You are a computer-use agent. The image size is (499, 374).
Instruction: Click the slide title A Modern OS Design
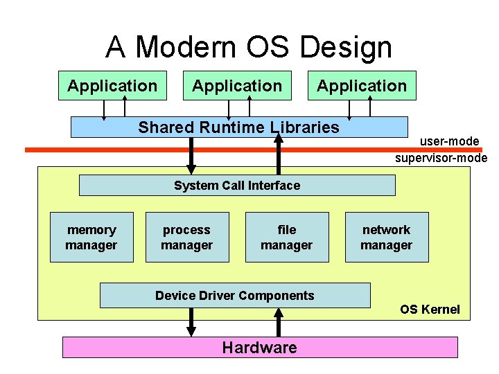coord(249,48)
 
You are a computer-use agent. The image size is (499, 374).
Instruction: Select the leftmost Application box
coord(112,86)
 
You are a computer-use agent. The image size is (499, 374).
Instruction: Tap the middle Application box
coord(236,86)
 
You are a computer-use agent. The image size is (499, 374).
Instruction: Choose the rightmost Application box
coord(361,86)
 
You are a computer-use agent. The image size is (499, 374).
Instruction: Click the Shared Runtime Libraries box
coord(239,127)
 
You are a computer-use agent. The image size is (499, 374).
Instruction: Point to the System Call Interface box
coord(237,186)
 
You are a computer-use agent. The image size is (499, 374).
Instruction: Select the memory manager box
coord(91,238)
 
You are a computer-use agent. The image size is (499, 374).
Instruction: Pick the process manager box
coord(187,238)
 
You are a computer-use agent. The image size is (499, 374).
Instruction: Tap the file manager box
coord(287,238)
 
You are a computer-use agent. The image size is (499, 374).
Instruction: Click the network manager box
coord(387,238)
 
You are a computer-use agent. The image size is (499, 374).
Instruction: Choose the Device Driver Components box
coord(235,296)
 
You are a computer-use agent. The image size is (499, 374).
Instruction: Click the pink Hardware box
coord(260,348)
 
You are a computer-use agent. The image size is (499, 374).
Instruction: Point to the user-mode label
coord(449,142)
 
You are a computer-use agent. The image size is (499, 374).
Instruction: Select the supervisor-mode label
coord(441,158)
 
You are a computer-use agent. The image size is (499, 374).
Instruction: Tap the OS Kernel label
coord(430,310)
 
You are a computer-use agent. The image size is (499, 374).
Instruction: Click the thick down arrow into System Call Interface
coord(192,157)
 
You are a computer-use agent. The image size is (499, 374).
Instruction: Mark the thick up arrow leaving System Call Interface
coord(279,154)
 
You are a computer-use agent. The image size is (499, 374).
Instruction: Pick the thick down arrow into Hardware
coord(192,322)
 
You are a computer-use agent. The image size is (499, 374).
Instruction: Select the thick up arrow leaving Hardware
coord(279,322)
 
